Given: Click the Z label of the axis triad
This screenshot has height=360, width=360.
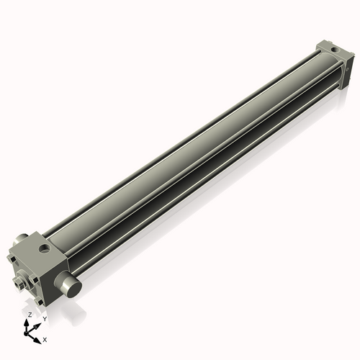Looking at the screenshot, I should [x=29, y=315].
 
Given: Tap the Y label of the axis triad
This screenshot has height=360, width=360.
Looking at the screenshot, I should [x=45, y=318].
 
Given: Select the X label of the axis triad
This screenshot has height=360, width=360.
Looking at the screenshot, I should [x=45, y=338].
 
